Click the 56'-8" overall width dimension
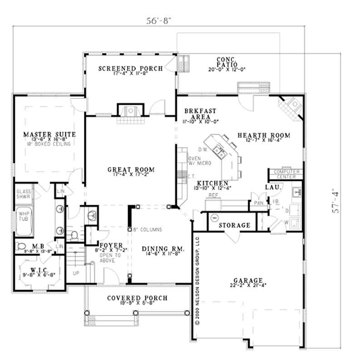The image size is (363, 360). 158,20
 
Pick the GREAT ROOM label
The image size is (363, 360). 131,170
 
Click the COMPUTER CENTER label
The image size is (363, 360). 286,174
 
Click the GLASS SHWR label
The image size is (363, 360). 23,194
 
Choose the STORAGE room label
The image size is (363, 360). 235,225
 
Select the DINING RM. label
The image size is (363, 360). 162,249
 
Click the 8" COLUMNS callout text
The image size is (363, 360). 147,230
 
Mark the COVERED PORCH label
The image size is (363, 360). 137,298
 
